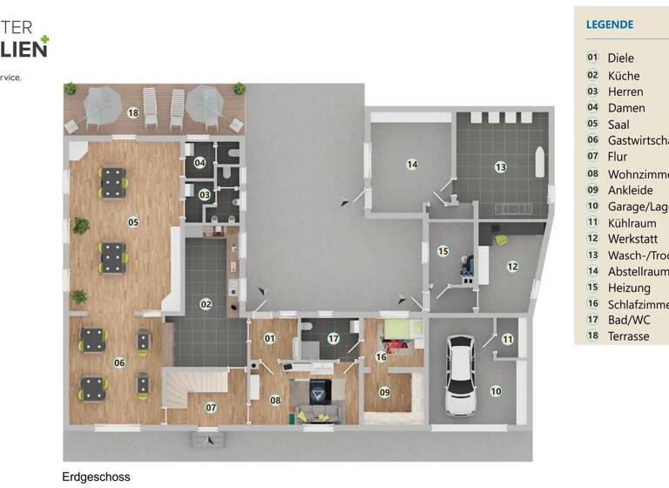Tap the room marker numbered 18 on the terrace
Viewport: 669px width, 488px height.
click(x=133, y=112)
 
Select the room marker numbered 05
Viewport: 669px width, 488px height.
click(x=133, y=221)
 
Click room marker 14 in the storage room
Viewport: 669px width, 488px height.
click(x=412, y=164)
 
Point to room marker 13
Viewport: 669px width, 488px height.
click(x=500, y=166)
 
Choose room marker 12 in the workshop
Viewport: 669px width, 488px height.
click(x=513, y=266)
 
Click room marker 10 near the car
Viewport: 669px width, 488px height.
click(x=496, y=391)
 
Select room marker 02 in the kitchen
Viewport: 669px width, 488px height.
click(x=206, y=304)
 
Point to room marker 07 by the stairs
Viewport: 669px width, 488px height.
click(x=211, y=407)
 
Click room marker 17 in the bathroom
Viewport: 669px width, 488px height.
click(x=333, y=338)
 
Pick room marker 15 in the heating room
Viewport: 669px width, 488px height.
click(x=443, y=251)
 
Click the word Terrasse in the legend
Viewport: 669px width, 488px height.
click(x=628, y=336)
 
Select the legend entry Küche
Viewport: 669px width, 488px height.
click(x=624, y=75)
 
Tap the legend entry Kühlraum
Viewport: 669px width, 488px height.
click(x=632, y=222)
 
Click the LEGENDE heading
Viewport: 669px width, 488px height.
click(x=610, y=24)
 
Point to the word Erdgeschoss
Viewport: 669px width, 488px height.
click(x=96, y=477)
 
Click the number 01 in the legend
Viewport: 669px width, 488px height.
click(x=592, y=58)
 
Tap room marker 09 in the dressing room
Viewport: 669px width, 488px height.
click(x=385, y=392)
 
